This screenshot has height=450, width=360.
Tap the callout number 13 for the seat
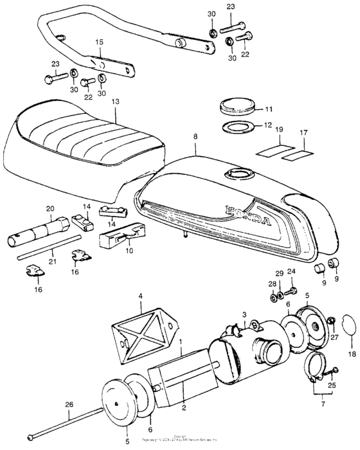(x=115, y=102)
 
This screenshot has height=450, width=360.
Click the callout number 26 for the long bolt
(x=70, y=404)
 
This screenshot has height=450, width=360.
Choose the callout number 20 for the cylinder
(x=50, y=209)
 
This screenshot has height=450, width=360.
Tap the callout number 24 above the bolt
(x=290, y=271)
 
